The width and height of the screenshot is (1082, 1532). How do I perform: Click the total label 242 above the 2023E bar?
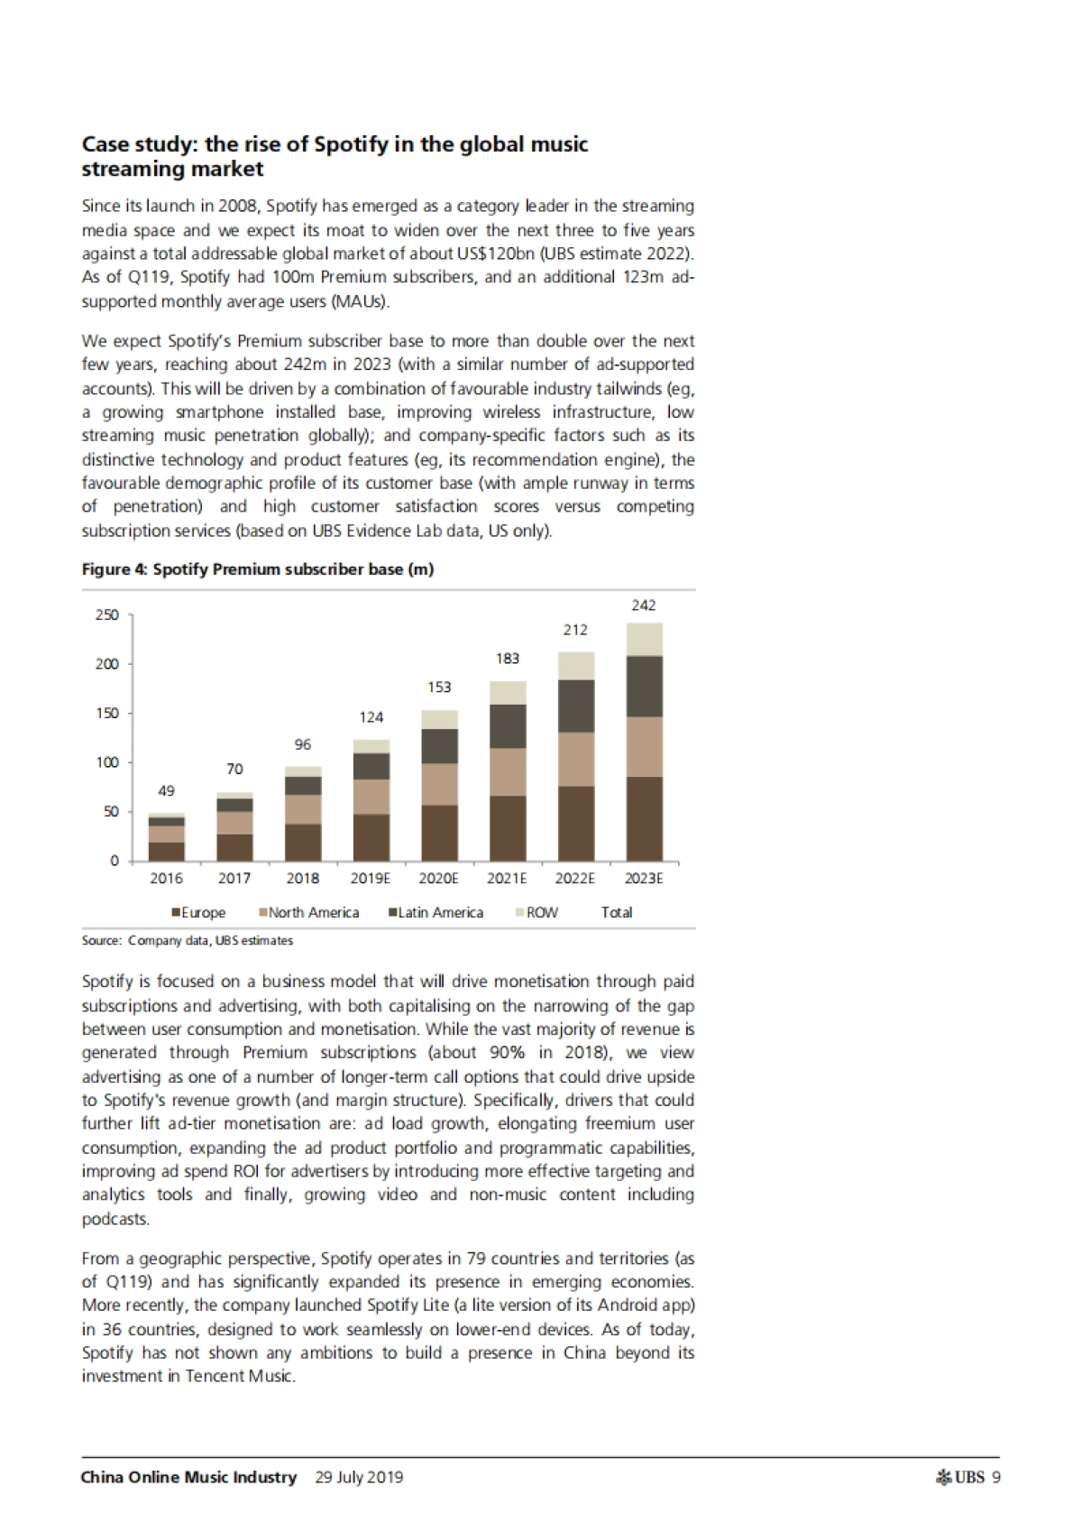coord(643,605)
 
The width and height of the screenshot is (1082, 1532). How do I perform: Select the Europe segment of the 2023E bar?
coord(644,818)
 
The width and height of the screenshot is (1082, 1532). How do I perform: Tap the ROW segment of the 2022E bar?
coord(576,666)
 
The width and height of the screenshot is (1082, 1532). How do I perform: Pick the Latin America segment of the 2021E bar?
coord(508,726)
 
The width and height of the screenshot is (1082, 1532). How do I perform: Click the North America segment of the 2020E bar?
coord(439,785)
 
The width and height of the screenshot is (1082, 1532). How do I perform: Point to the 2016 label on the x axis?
coord(166,878)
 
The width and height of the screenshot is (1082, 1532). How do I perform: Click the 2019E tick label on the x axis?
coord(371,878)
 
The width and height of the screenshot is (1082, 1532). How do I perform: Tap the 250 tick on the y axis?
coord(107,615)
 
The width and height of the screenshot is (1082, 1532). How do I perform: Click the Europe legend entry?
coord(198,912)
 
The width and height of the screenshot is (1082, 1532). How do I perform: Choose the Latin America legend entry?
coord(436,912)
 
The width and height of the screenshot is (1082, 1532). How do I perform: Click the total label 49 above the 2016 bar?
coord(166,791)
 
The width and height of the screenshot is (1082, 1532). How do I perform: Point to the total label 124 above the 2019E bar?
coord(371,717)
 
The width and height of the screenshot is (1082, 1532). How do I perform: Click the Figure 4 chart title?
coord(258,569)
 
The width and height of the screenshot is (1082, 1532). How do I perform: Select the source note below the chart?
coord(188,940)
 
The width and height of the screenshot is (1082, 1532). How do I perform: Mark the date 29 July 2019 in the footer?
coord(359,1477)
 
